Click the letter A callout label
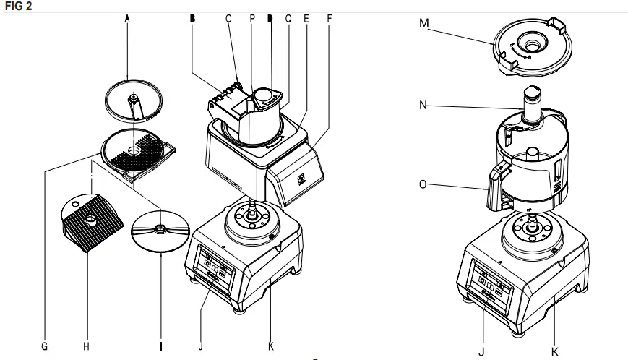[x=127, y=20]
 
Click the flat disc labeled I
[x=161, y=232]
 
